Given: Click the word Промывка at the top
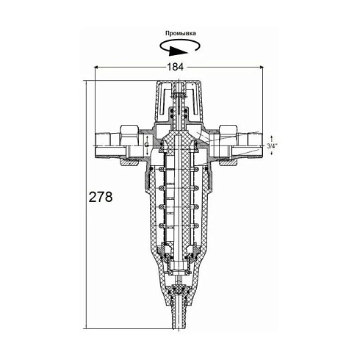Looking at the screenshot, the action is (181, 33).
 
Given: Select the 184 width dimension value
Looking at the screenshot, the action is (175, 67).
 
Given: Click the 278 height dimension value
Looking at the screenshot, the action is (101, 197).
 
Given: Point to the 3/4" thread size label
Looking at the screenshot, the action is (272, 146).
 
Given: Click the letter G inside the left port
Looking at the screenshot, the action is (146, 145).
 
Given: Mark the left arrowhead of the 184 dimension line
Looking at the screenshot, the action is (97, 67).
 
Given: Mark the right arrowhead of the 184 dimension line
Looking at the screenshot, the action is (261, 67).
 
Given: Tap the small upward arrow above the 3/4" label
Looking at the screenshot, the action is (272, 138).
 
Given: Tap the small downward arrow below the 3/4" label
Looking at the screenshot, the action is (272, 152).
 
